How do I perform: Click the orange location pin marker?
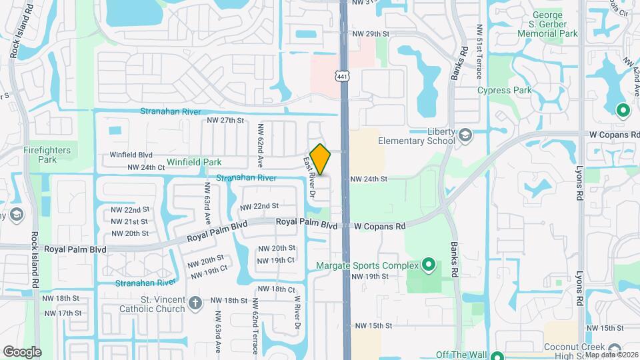pyautogui.click(x=321, y=159)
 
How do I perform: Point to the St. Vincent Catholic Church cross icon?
pyautogui.click(x=195, y=303)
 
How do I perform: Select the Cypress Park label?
pyautogui.click(x=504, y=91)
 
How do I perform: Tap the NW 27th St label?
pyautogui.click(x=226, y=120)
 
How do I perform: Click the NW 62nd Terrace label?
pyautogui.click(x=255, y=318)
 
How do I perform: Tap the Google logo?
pyautogui.click(x=22, y=351)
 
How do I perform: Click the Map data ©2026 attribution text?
pyautogui.click(x=611, y=355)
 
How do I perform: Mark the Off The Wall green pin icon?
pyautogui.click(x=497, y=355)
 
